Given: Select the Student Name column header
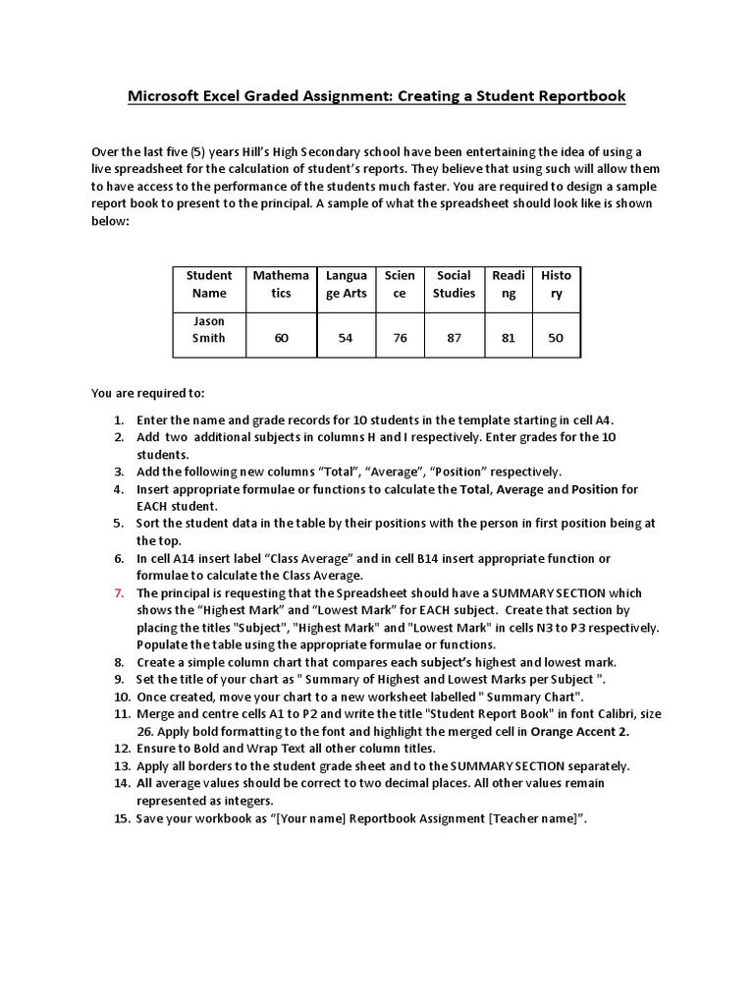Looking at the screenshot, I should point(209,284).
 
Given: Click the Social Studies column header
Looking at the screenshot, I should point(454,284).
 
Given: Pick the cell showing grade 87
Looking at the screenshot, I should point(454,337).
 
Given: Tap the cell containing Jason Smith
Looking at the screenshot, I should point(209,329).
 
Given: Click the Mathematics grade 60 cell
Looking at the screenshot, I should point(281,337).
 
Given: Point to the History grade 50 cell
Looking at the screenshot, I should point(556,337).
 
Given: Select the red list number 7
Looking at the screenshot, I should point(118,593).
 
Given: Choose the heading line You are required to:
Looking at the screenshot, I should point(148,393).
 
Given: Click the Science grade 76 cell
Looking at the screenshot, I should point(400,337).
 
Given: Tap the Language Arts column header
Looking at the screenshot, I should point(346,284).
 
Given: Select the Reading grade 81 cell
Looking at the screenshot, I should point(508,337).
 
